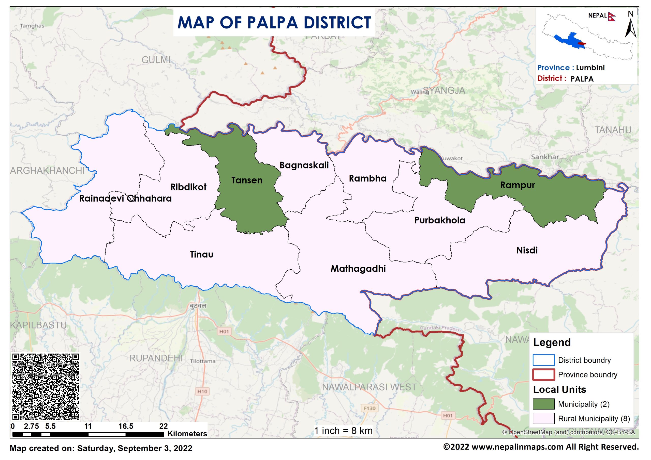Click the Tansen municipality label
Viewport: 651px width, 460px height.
tap(247, 180)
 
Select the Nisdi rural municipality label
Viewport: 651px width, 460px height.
tap(527, 250)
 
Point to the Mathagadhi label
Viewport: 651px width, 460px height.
tap(358, 269)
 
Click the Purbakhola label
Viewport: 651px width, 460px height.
tap(439, 220)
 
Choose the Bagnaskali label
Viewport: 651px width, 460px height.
tap(304, 165)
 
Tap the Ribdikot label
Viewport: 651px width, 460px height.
tap(188, 187)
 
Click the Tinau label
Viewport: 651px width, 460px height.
tap(201, 254)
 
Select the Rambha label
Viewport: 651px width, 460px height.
tap(367, 178)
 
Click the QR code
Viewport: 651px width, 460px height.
tap(45, 387)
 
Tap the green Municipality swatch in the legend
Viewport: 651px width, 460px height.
tap(543, 404)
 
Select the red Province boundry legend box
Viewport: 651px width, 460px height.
tap(543, 375)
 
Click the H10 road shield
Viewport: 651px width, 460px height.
tap(202, 391)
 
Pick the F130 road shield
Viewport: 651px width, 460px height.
tap(369, 408)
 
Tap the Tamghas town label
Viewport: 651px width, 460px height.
tap(32, 26)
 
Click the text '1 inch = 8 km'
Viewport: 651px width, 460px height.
tap(343, 431)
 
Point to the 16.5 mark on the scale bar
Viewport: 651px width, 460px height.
tap(126, 426)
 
